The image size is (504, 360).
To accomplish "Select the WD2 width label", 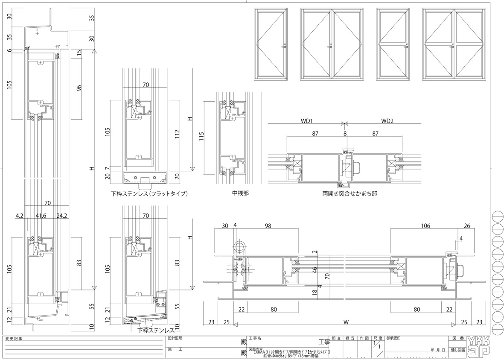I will (x=387, y=121).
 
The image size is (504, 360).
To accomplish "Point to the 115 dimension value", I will (x=202, y=138).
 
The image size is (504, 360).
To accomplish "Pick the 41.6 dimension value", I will (x=41, y=216).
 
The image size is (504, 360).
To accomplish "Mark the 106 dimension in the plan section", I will (x=425, y=225).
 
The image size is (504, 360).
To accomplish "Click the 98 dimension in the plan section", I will (x=268, y=225).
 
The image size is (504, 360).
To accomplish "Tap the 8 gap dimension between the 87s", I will (x=345, y=134).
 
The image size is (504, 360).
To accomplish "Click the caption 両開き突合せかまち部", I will (x=350, y=193).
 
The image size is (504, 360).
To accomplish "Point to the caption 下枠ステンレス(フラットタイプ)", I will (x=149, y=194).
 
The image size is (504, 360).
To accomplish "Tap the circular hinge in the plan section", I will (x=239, y=246).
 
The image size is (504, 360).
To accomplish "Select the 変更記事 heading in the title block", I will (x=14, y=339).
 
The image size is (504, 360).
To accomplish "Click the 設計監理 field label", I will (x=175, y=338).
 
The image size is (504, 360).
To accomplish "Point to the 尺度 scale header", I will (x=377, y=338).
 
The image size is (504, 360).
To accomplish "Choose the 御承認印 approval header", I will (x=394, y=338).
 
